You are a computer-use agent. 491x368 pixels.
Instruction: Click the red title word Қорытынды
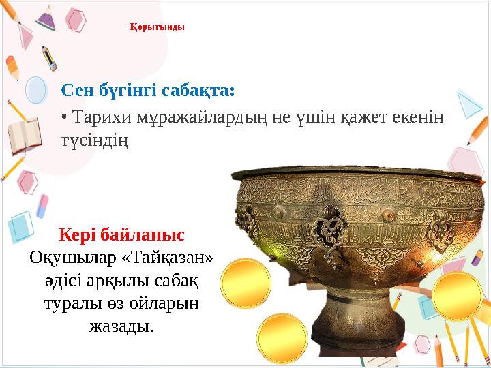pos(157,28)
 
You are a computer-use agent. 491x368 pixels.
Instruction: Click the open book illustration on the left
pos(25,136)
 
